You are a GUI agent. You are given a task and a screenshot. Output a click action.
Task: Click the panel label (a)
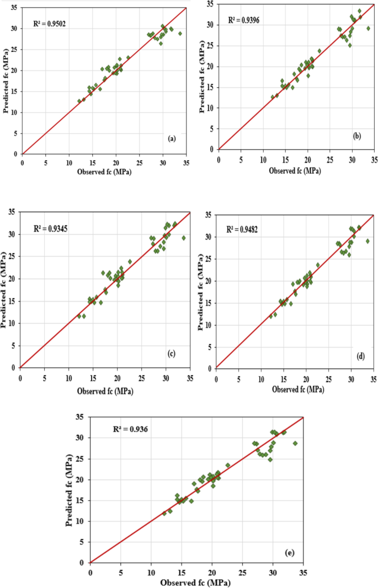(x=172, y=139)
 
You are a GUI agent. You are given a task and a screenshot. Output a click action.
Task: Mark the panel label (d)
(x=361, y=356)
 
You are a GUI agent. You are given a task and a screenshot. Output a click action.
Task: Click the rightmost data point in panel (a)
(x=180, y=34)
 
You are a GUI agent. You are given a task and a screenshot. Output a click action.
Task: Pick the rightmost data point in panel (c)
(x=184, y=238)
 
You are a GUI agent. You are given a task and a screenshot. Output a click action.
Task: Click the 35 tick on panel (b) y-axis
(x=210, y=4)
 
